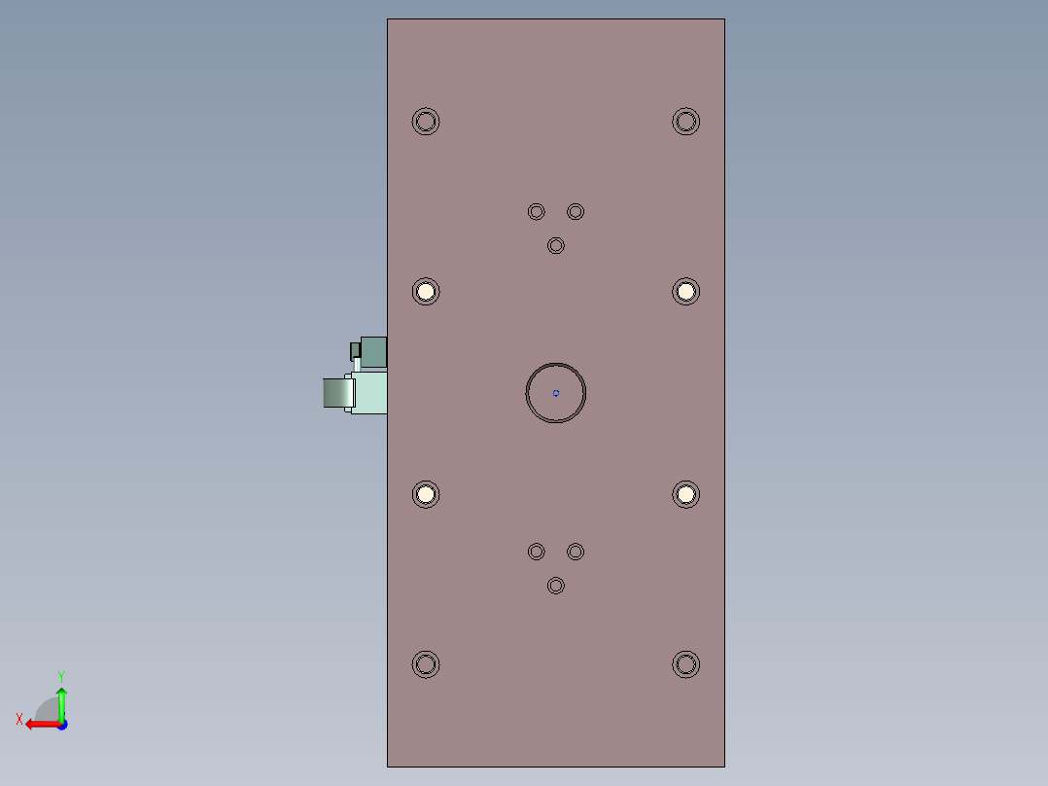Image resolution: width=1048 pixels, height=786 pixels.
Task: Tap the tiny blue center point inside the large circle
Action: (x=556, y=393)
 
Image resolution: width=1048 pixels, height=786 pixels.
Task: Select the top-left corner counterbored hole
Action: (x=426, y=122)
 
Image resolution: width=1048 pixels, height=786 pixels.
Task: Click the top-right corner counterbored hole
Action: (x=686, y=122)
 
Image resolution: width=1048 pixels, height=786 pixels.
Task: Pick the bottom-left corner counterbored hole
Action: (x=426, y=664)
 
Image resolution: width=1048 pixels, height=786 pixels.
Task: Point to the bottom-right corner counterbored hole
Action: (x=686, y=664)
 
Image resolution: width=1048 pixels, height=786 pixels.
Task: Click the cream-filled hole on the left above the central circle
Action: (x=426, y=291)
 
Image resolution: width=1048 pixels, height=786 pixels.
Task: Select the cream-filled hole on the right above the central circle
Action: (x=686, y=291)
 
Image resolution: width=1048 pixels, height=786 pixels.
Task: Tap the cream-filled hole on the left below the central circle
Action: (x=426, y=494)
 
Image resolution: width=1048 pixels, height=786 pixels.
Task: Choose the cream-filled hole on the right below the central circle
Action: (x=686, y=494)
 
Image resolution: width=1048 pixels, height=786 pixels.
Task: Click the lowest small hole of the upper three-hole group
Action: (x=556, y=245)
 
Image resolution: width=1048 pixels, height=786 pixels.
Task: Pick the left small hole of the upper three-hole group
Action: (x=537, y=211)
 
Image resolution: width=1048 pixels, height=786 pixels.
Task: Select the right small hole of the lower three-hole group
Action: (x=576, y=552)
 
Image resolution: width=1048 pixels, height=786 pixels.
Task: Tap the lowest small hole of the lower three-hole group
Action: (x=556, y=585)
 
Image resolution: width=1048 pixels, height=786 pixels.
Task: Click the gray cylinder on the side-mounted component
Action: (x=335, y=392)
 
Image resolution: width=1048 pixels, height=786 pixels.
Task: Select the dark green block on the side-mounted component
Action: (x=373, y=350)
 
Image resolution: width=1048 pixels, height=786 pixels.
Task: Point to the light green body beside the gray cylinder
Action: (x=370, y=392)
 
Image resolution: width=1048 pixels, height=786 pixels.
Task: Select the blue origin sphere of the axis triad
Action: (x=61, y=725)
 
